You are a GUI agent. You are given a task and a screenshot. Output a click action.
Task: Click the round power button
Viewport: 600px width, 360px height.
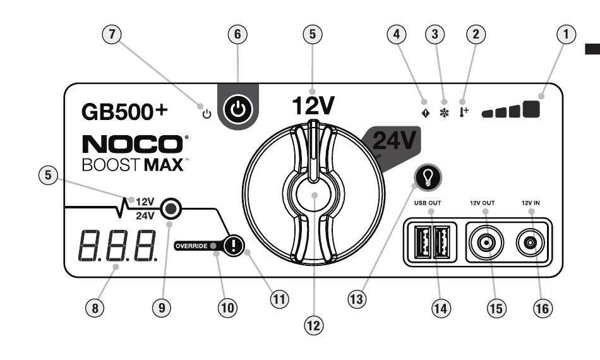pos(237,109)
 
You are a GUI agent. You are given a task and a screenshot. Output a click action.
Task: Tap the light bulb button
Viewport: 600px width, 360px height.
pos(428,177)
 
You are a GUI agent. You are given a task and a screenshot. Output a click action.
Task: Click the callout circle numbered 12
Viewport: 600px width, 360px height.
pos(313,326)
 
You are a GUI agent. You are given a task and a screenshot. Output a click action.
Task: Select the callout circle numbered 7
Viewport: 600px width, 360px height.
pos(112,34)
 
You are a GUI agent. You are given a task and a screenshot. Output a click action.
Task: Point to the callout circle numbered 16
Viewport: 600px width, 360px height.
pos(543,308)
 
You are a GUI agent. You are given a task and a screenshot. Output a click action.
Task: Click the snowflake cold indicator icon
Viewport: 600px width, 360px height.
pos(444,113)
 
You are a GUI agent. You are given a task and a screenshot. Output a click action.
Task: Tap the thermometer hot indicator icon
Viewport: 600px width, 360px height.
pos(464,112)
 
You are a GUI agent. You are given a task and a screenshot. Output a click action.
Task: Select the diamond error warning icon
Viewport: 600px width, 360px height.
pos(425,113)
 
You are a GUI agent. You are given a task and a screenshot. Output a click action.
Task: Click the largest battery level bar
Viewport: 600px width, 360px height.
pos(531,109)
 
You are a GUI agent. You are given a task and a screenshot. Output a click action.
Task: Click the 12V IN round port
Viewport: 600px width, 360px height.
pos(531,243)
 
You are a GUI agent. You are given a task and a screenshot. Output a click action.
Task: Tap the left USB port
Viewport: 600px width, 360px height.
pos(423,243)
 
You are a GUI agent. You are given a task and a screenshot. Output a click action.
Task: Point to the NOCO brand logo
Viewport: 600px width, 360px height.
pos(133,144)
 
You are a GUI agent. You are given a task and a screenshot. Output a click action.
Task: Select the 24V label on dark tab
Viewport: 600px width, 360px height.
pos(393,140)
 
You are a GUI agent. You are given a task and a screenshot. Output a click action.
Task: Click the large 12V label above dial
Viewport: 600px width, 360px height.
pos(313,105)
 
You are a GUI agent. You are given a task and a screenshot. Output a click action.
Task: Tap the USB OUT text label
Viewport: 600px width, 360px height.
pos(428,203)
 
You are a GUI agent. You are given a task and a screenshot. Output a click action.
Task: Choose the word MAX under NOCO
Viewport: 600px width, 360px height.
pos(164,165)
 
